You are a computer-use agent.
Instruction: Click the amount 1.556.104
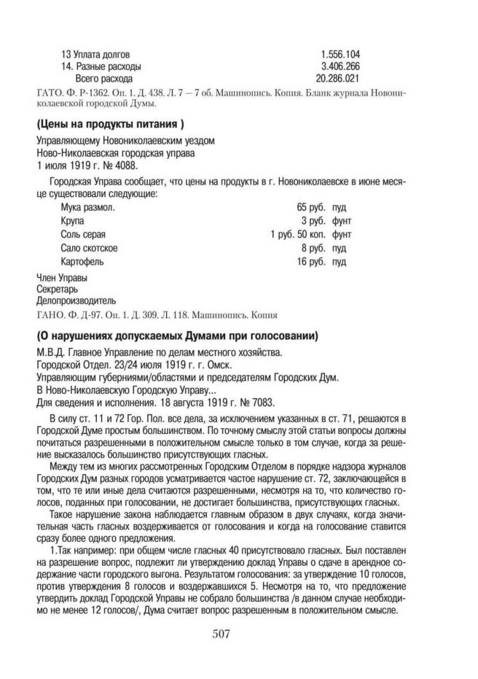[x=340, y=54]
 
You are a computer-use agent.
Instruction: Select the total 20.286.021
[x=337, y=77]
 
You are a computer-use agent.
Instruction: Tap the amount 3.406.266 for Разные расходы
[x=340, y=66]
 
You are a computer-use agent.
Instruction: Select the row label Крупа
[x=74, y=221]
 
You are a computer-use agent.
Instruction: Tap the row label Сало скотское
[x=89, y=247]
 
